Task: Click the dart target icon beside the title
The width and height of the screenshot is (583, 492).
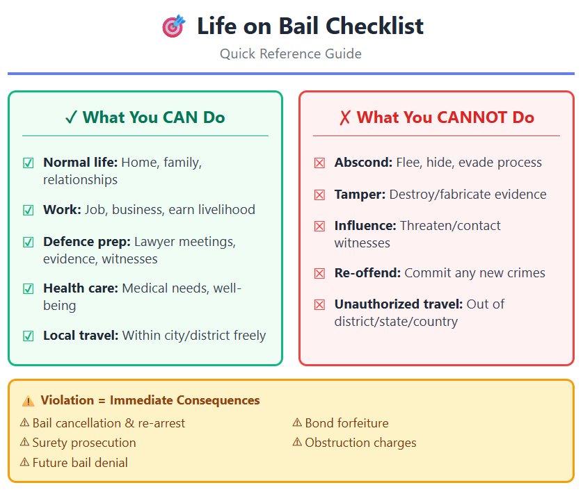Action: click(173, 27)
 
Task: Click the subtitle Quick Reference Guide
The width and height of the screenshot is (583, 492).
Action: click(291, 54)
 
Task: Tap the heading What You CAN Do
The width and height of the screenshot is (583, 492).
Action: click(145, 117)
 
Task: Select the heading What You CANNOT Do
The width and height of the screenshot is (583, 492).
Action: click(436, 117)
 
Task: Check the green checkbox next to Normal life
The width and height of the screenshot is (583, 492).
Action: click(29, 163)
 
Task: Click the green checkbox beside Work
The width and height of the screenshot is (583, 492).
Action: click(29, 210)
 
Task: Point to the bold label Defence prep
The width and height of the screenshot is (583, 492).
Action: click(86, 242)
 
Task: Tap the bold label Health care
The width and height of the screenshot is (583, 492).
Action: click(80, 288)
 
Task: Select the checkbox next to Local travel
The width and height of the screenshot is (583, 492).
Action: click(29, 336)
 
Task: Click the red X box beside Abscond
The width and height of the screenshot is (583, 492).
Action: click(319, 163)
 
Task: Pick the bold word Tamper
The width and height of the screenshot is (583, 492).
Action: click(360, 195)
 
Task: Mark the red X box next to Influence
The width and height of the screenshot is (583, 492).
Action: click(319, 227)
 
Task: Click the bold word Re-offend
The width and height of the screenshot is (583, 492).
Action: click(367, 273)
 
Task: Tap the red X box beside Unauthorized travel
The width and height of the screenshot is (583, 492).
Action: click(319, 304)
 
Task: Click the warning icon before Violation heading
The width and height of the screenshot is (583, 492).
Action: click(29, 401)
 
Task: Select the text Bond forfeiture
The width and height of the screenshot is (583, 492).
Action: click(346, 423)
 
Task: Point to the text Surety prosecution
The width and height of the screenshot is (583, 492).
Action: click(84, 443)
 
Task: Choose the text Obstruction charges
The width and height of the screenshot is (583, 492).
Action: click(360, 443)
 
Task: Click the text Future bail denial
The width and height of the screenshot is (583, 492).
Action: click(80, 462)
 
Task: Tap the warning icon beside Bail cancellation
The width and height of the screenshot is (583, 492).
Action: click(25, 423)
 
